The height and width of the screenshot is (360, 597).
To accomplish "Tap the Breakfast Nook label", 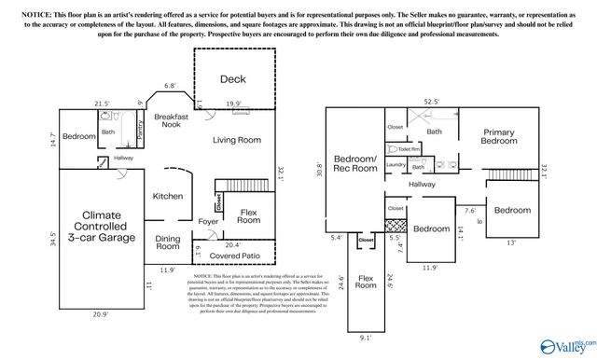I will click(172, 121).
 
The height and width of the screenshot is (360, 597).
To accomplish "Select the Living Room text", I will click(236, 140).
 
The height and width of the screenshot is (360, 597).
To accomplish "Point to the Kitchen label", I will click(167, 196).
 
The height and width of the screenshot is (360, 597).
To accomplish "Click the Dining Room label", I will click(168, 242).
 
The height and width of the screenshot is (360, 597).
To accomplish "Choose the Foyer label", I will click(210, 221).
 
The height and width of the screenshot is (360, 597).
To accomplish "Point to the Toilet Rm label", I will click(410, 148).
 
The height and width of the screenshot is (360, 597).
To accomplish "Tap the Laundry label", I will click(394, 164).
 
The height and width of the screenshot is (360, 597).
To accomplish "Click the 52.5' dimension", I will click(431, 102).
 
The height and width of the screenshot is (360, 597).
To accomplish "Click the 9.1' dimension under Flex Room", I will click(365, 338).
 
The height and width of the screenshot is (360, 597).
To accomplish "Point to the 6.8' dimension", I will click(171, 87).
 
